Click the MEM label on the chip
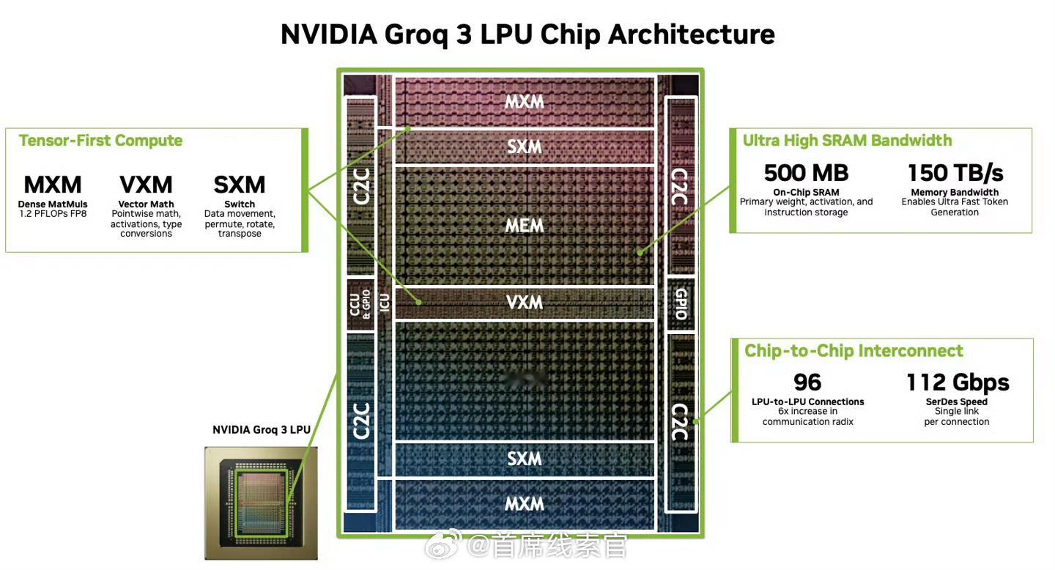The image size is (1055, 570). click(x=525, y=226)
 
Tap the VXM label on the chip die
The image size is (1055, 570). click(x=525, y=302)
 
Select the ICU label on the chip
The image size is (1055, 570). click(x=385, y=302)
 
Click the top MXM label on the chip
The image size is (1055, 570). click(x=525, y=102)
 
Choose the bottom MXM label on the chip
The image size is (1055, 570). click(x=525, y=504)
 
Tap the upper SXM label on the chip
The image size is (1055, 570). click(x=525, y=147)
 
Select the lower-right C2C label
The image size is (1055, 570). click(x=680, y=423)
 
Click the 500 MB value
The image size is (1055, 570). click(x=806, y=173)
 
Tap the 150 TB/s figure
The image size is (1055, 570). click(x=955, y=173)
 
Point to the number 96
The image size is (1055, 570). click(x=807, y=382)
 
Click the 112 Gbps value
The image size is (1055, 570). click(x=958, y=382)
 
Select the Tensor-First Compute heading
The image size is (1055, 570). click(x=100, y=141)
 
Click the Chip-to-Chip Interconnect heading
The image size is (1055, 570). click(x=854, y=351)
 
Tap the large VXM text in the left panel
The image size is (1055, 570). click(x=146, y=185)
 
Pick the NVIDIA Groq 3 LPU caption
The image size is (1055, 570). click(x=262, y=430)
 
